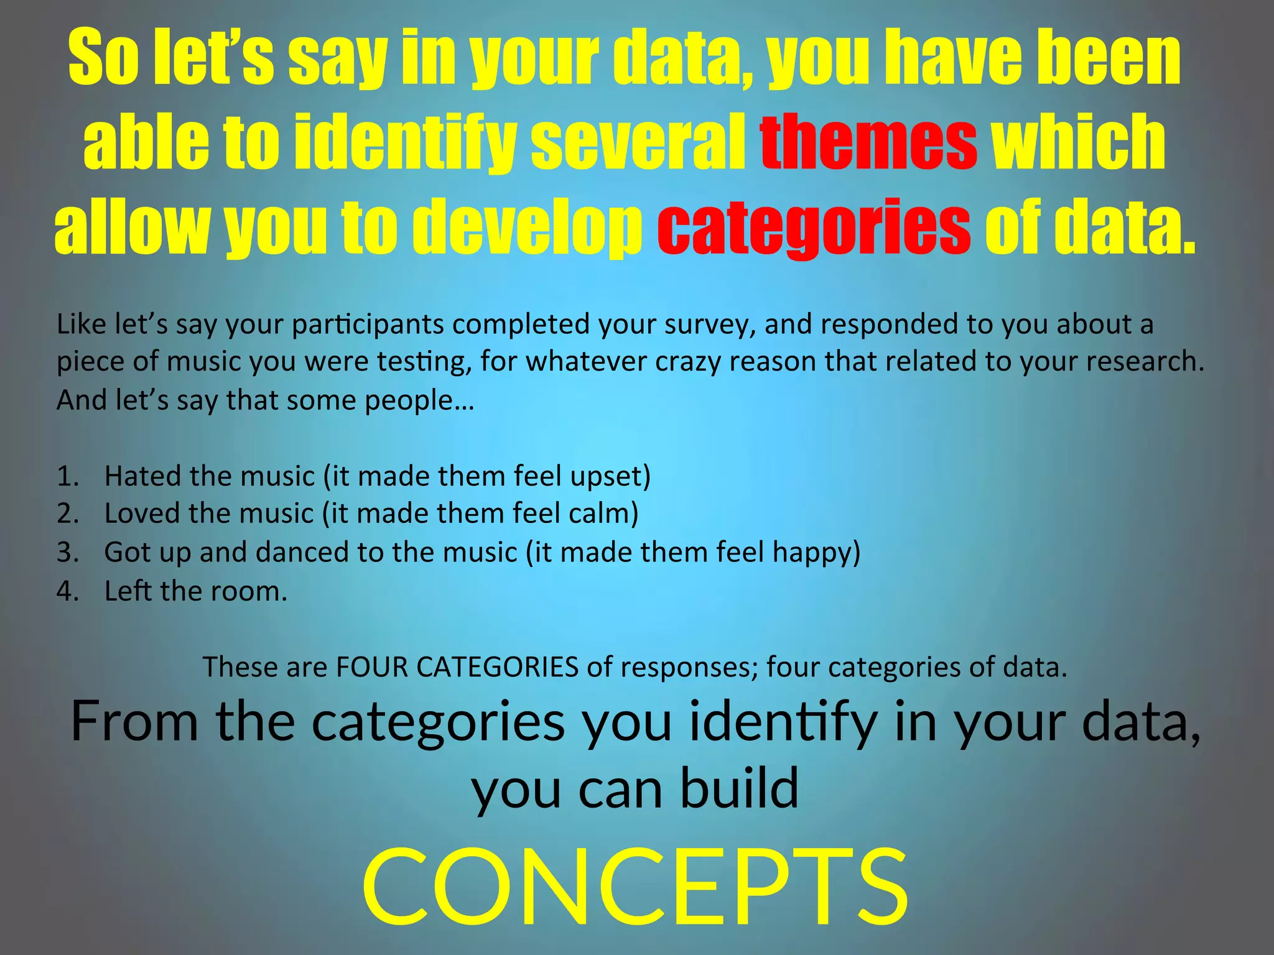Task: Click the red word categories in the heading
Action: (814, 227)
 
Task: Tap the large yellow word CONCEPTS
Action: (635, 887)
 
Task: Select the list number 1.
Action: (67, 476)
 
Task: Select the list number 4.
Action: (67, 591)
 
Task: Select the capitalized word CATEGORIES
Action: (498, 667)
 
